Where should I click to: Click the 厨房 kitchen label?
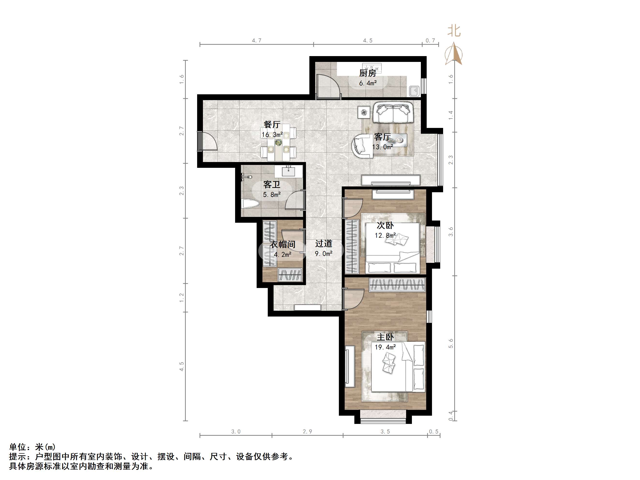pyautogui.click(x=368, y=73)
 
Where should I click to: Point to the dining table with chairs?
pyautogui.click(x=278, y=142)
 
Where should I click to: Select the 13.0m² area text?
pyautogui.click(x=382, y=147)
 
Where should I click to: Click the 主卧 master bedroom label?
pyautogui.click(x=385, y=337)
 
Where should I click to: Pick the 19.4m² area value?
pyautogui.click(x=385, y=347)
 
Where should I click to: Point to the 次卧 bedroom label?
pyautogui.click(x=385, y=225)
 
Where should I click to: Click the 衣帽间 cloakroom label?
pyautogui.click(x=283, y=244)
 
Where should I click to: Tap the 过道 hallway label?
pyautogui.click(x=324, y=244)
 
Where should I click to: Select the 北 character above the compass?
pyautogui.click(x=454, y=31)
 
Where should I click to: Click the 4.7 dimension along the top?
pyautogui.click(x=257, y=41)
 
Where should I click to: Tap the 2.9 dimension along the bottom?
pyautogui.click(x=308, y=431)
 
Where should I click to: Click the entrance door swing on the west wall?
pyautogui.click(x=207, y=141)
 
